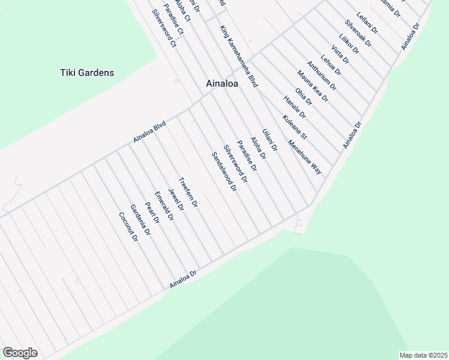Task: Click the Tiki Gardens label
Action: click(87, 73)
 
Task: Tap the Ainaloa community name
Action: click(221, 84)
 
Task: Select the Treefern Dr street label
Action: click(188, 193)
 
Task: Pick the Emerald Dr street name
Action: click(163, 207)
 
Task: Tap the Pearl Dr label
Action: click(152, 212)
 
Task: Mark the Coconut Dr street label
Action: click(128, 227)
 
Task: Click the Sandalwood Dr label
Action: click(224, 172)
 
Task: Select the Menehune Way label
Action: click(304, 157)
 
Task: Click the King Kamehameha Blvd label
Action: click(238, 57)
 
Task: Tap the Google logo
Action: click(20, 353)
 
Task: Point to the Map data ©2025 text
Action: click(423, 355)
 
